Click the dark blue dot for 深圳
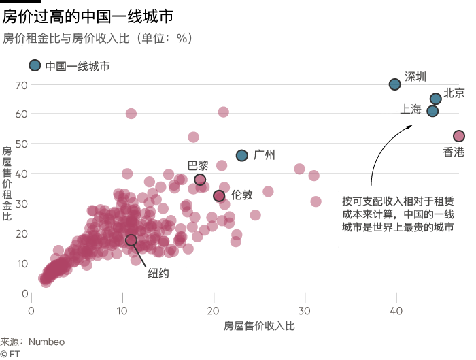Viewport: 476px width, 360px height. tap(395, 84)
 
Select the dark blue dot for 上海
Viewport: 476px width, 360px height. tap(432, 111)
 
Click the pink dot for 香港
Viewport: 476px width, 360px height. tap(459, 136)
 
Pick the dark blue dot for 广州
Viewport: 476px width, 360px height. tap(241, 155)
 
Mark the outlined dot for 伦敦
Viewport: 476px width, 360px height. tap(219, 196)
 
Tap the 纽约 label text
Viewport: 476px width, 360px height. tap(158, 274)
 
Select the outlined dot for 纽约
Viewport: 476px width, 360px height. tap(131, 240)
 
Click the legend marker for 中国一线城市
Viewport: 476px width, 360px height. tap(35, 65)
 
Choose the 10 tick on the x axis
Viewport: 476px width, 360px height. tap(122, 310)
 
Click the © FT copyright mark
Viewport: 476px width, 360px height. tap(8, 353)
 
